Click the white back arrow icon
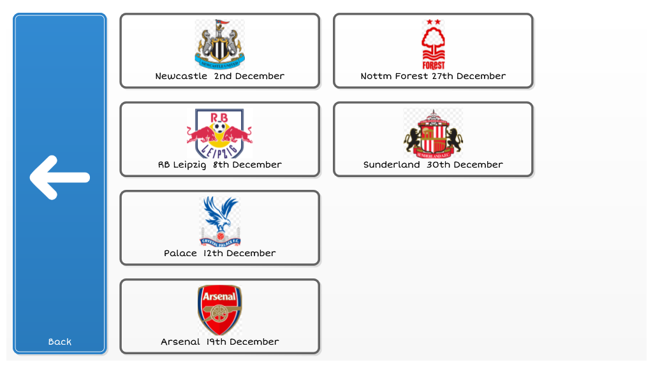pyautogui.click(x=59, y=178)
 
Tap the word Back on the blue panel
pyautogui.click(x=59, y=342)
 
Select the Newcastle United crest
pyautogui.click(x=220, y=44)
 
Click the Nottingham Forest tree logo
pyautogui.click(x=433, y=44)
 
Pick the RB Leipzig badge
pyautogui.click(x=219, y=133)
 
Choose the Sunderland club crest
pyautogui.click(x=433, y=133)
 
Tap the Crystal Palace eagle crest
pyautogui.click(x=220, y=222)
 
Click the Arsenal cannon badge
pyautogui.click(x=219, y=310)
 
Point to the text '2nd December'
pyautogui.click(x=249, y=76)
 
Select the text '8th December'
pyautogui.click(x=247, y=165)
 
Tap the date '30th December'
pyautogui.click(x=465, y=165)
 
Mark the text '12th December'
pyautogui.click(x=240, y=254)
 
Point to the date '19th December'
pyautogui.click(x=243, y=342)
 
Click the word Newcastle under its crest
pyautogui.click(x=181, y=76)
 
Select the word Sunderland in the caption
pyautogui.click(x=392, y=165)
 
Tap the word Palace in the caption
pyautogui.click(x=180, y=254)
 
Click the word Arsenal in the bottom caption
pyautogui.click(x=180, y=342)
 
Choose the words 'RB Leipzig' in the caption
pyautogui.click(x=182, y=165)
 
